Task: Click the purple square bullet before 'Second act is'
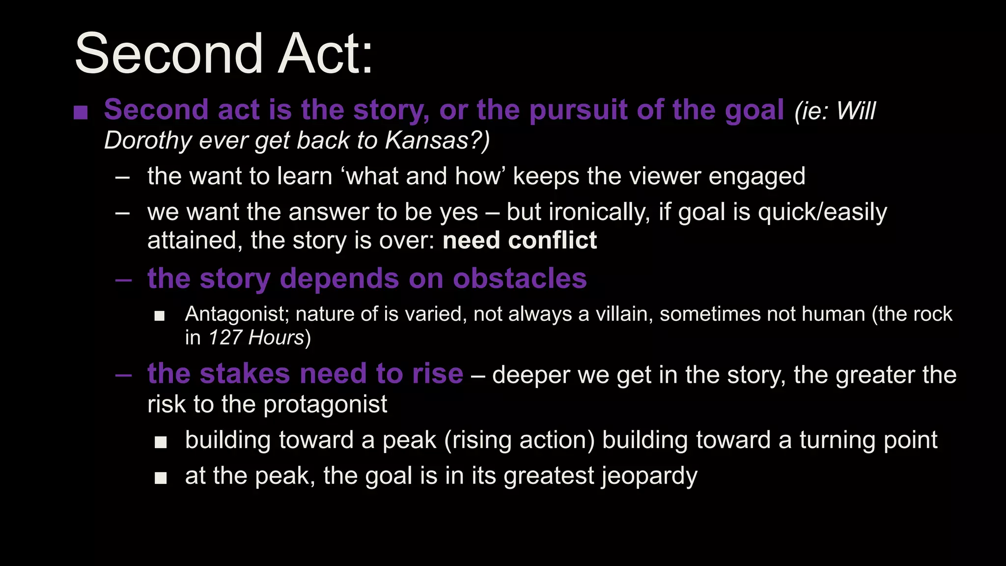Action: point(80,113)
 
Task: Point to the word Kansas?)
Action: point(437,141)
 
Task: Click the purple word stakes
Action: point(245,374)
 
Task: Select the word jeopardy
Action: point(649,476)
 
